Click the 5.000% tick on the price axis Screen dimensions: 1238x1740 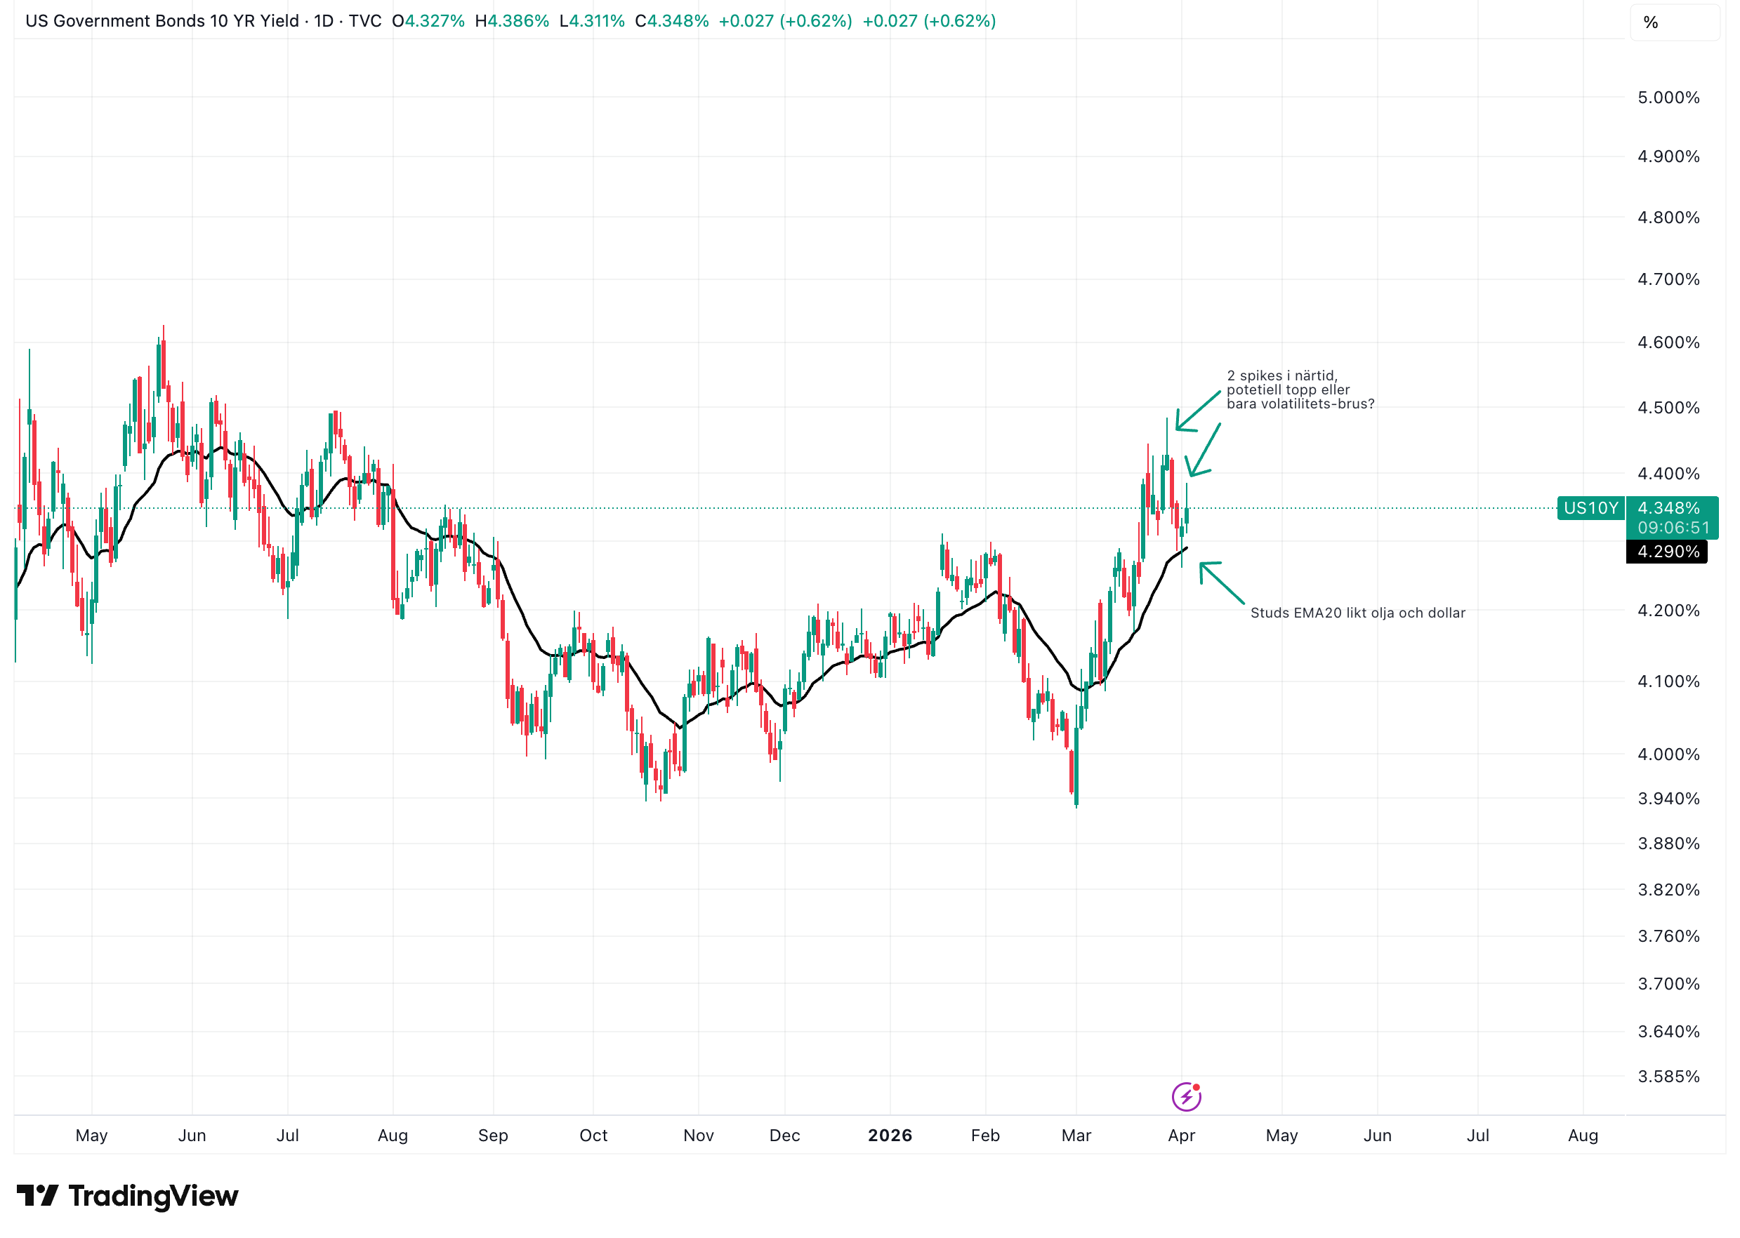(x=1668, y=98)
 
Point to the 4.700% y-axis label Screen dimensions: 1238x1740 (x=1668, y=279)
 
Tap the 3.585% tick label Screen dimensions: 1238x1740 (x=1668, y=1077)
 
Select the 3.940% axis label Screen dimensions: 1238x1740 (x=1668, y=798)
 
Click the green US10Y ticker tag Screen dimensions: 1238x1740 (x=1590, y=507)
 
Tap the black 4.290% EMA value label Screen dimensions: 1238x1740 (x=1668, y=551)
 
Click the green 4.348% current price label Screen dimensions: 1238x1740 (x=1668, y=507)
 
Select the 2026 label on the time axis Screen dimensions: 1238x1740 (x=890, y=1135)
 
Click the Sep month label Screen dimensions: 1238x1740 (x=492, y=1135)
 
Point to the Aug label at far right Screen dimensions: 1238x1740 (x=1582, y=1135)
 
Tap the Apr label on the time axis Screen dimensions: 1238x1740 (x=1181, y=1135)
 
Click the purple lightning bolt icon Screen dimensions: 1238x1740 (x=1186, y=1097)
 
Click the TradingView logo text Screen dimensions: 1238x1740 (x=152, y=1195)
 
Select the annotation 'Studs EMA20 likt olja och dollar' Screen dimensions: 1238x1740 (x=1357, y=613)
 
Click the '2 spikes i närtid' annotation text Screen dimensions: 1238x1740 (x=1299, y=390)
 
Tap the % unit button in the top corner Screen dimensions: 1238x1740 (x=1651, y=22)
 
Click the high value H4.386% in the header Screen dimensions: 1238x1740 (x=512, y=20)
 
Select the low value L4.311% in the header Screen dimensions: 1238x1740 (x=592, y=20)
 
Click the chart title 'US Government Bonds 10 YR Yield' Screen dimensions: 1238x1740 (x=162, y=20)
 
